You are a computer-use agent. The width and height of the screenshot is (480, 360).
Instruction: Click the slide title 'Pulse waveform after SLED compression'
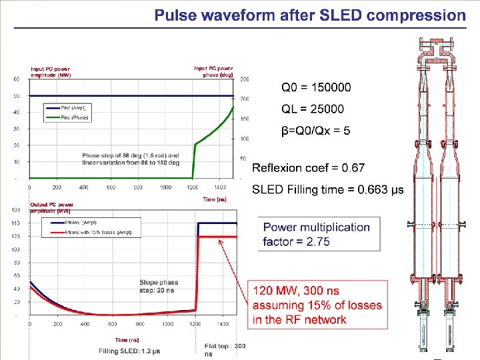pos(310,15)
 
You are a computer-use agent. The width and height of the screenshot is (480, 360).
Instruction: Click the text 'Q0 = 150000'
pos(315,87)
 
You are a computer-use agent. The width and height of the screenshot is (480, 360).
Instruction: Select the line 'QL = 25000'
pos(312,109)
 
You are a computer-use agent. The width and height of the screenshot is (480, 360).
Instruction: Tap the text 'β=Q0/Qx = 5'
pos(315,131)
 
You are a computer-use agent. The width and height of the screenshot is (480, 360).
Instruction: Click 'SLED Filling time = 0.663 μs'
pos(327,190)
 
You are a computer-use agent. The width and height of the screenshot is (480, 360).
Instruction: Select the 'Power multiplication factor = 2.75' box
pos(319,234)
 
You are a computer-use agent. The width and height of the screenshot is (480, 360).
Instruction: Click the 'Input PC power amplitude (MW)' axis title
pos(51,72)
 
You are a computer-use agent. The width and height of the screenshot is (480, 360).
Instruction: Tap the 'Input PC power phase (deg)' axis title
pos(213,71)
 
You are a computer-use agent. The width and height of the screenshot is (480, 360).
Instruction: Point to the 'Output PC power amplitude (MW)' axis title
pos(52,207)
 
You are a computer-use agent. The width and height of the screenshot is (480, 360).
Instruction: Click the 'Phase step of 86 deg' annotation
pos(131,159)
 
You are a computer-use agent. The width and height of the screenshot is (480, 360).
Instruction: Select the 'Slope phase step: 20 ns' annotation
pos(159,286)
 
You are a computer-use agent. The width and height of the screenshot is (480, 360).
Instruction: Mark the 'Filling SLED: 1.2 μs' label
pos(129,351)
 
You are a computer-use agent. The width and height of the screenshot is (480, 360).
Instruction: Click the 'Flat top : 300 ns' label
pos(225,349)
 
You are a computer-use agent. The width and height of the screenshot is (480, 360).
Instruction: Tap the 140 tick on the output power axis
pos(15,223)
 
